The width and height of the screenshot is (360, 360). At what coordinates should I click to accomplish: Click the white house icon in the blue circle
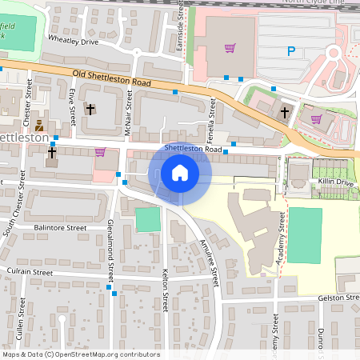(180, 173)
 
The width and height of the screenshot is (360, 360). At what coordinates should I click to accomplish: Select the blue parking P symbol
(290, 52)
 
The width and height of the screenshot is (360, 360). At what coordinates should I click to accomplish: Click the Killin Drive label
(335, 183)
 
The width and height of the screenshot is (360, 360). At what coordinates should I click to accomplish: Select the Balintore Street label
(60, 228)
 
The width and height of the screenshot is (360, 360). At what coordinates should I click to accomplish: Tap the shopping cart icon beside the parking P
(230, 48)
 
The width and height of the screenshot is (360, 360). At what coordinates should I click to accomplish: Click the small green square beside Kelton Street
(147, 219)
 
